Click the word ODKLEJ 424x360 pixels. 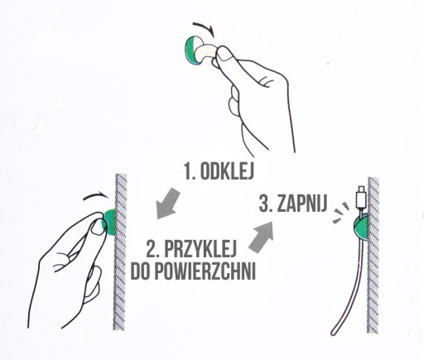[227, 170]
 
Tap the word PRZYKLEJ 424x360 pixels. [200, 249]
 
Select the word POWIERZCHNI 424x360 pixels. [205, 271]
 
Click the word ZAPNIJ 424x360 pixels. [302, 203]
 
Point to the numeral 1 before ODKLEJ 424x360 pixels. [188, 170]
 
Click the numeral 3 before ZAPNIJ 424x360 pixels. [264, 203]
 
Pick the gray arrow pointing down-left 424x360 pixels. [167, 204]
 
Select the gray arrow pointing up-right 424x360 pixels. [262, 236]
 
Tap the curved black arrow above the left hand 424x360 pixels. [96, 194]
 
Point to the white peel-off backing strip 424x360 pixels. [205, 52]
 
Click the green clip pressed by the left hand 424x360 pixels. [109, 223]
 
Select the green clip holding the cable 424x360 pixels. [361, 227]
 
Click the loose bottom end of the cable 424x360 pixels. [334, 333]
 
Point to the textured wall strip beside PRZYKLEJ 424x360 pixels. [120, 252]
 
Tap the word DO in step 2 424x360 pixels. [140, 271]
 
